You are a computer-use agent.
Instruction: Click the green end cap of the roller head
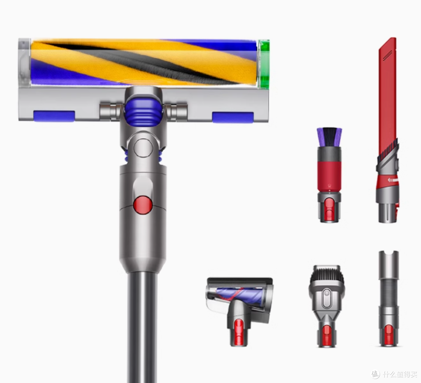tap(264, 64)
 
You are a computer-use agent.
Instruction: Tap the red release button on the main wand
tap(143, 205)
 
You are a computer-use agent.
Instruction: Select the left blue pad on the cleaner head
tap(54, 116)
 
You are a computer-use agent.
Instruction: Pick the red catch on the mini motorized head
tap(238, 332)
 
